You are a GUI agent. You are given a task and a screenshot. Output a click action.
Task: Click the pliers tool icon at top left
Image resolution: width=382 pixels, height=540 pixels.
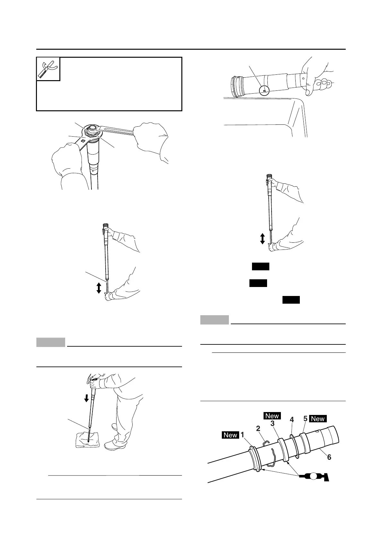tap(48, 69)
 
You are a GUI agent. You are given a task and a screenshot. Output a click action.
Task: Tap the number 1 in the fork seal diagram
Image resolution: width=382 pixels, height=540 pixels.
tap(243, 435)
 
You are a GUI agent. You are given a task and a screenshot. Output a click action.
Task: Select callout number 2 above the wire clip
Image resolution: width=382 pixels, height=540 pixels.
tap(258, 428)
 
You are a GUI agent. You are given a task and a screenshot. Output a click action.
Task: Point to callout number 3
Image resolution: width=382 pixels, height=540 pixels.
tap(272, 423)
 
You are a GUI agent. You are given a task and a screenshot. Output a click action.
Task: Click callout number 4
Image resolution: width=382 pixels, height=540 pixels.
tap(291, 419)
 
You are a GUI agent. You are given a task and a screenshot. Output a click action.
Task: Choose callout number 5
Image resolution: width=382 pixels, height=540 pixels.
tap(305, 419)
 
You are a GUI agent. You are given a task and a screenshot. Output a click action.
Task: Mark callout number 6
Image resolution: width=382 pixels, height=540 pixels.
tap(329, 457)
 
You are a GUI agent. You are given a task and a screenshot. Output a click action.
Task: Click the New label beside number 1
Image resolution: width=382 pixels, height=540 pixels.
tap(230, 435)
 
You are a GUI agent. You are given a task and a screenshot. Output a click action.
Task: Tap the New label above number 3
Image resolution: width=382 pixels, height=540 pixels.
tap(272, 416)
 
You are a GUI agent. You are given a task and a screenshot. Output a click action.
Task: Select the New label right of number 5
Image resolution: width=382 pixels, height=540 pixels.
tap(318, 419)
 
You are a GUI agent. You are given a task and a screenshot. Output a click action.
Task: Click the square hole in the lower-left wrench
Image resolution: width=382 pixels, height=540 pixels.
tap(83, 141)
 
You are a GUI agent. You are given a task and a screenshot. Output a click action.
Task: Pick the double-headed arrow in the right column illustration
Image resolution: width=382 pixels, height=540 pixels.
tap(262, 239)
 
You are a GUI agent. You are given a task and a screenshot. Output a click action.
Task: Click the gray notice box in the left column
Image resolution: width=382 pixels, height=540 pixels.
tap(51, 342)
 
